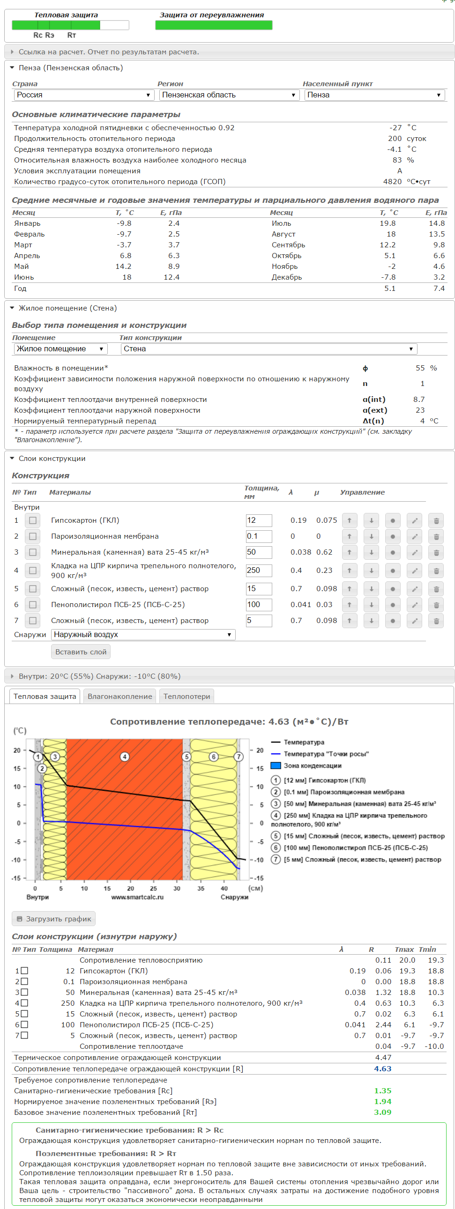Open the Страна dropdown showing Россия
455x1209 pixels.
point(83,95)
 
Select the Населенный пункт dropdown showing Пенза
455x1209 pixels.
point(374,95)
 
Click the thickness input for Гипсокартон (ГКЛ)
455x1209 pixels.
point(259,520)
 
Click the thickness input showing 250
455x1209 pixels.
point(259,571)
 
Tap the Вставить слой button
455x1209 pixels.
point(81,652)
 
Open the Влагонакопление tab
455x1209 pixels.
point(120,697)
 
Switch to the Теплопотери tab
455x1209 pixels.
point(186,697)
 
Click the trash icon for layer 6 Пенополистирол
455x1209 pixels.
point(436,605)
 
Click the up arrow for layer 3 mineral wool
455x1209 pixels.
point(350,552)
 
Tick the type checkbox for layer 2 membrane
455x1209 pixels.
point(32,536)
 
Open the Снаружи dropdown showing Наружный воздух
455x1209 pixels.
point(143,635)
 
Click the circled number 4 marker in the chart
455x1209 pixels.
point(125,757)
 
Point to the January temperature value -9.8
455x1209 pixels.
point(124,223)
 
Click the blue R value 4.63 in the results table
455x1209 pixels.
point(382,1068)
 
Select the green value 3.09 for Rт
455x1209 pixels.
point(382,1113)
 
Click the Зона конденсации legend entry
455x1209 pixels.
point(312,765)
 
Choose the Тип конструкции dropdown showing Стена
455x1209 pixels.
point(269,349)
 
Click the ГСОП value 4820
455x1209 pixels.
point(392,182)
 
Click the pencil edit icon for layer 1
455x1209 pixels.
point(414,520)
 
